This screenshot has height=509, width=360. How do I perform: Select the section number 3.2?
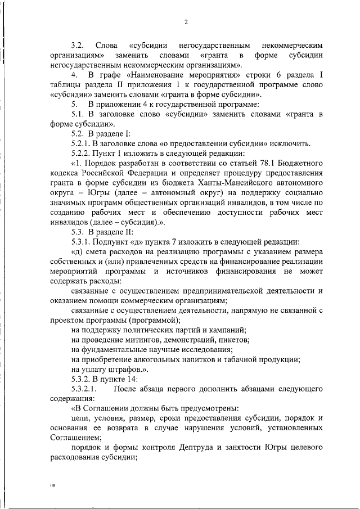[x=77, y=44]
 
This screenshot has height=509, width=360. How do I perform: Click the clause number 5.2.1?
[x=82, y=143]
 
